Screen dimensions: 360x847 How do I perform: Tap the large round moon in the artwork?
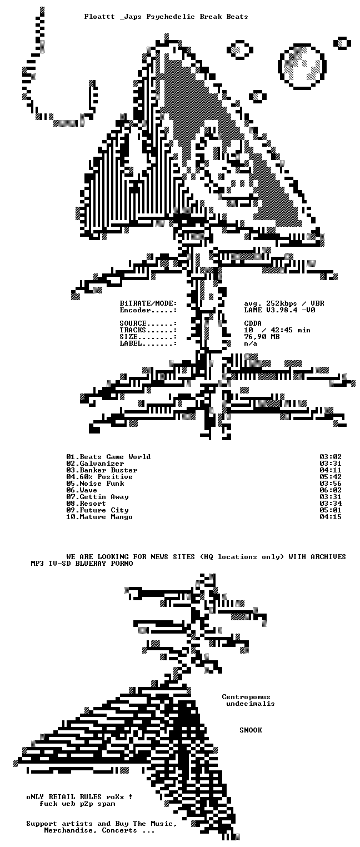[x=303, y=67]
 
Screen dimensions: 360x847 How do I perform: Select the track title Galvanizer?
[x=102, y=464]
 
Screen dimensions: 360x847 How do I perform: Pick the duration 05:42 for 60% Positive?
[x=331, y=477]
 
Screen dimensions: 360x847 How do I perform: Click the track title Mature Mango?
[x=106, y=517]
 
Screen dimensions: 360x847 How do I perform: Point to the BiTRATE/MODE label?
[x=149, y=303]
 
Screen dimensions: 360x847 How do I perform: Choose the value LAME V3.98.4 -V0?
[x=279, y=310]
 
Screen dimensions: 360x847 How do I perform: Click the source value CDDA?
[x=253, y=323]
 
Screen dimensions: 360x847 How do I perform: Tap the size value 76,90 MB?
[x=262, y=337]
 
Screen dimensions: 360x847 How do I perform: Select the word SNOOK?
[x=251, y=730]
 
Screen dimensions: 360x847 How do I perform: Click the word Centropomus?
[x=246, y=696]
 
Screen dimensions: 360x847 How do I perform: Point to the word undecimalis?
[x=251, y=703]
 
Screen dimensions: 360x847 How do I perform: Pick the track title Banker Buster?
[x=108, y=470]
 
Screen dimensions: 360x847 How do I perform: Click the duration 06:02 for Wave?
[x=331, y=490]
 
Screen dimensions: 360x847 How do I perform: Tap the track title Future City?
[x=104, y=510]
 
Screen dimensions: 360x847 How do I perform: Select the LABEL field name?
[x=131, y=343]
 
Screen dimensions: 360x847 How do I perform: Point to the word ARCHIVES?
[x=328, y=556]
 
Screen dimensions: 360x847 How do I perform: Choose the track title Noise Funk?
[x=102, y=484]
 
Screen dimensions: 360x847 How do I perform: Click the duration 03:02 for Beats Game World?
[x=331, y=457]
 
